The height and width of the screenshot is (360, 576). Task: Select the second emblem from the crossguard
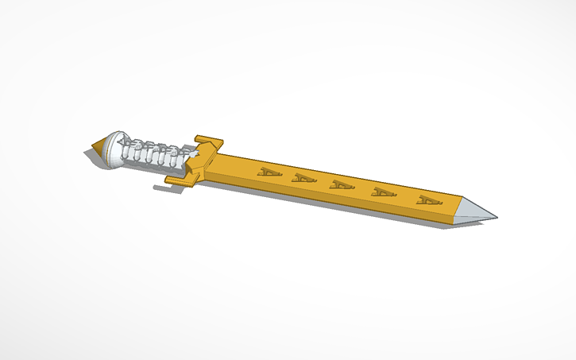click(x=303, y=179)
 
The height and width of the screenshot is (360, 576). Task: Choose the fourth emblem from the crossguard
click(x=385, y=193)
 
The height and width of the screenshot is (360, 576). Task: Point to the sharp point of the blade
click(x=497, y=215)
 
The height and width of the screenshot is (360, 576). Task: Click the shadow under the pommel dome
click(x=111, y=170)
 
